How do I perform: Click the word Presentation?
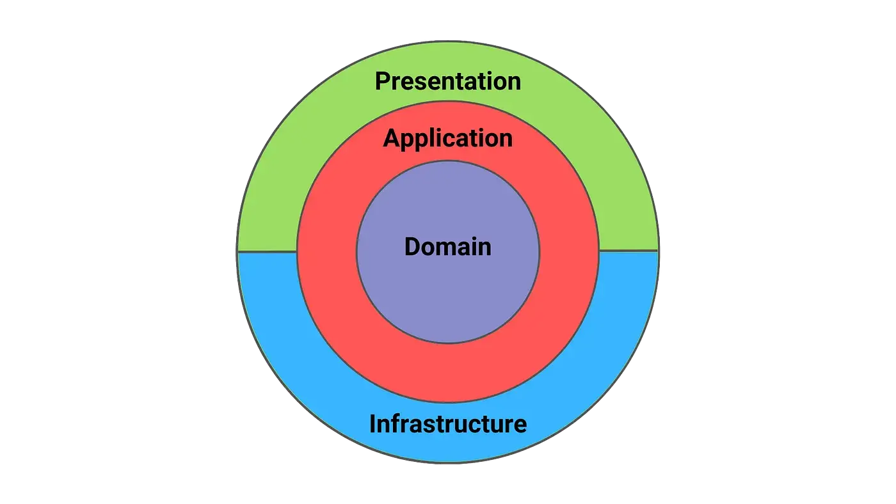click(447, 81)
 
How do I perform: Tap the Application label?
click(447, 138)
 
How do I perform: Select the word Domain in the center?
click(447, 246)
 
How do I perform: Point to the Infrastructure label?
click(447, 423)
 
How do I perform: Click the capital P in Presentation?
click(383, 81)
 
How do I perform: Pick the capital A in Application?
click(391, 138)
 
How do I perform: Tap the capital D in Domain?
click(413, 246)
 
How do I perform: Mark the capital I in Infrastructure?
click(373, 423)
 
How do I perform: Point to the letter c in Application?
click(456, 139)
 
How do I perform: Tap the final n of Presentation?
click(513, 82)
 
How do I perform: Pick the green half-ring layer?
click(269, 192)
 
